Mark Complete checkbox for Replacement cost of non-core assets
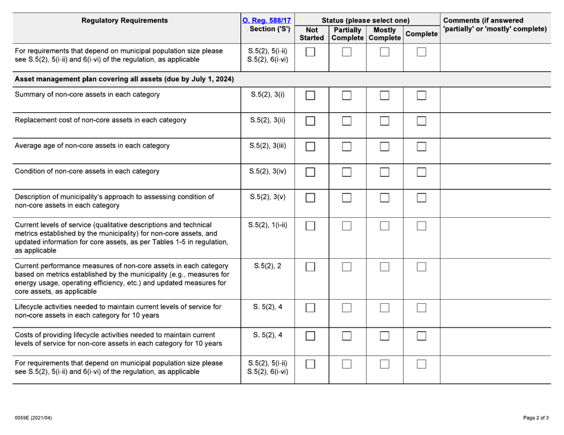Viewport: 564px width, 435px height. click(421, 122)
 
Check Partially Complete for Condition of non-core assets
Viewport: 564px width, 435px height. click(347, 172)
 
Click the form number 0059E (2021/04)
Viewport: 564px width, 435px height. click(34, 418)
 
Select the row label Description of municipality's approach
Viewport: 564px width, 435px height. click(113, 195)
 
